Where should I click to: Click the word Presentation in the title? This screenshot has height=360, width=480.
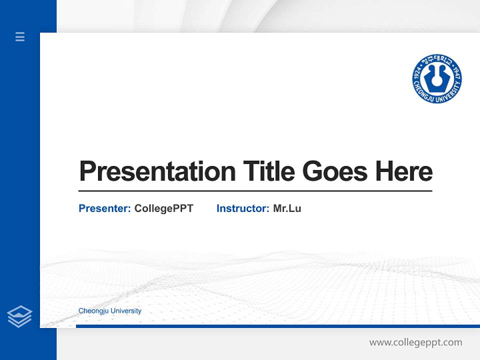[x=157, y=171]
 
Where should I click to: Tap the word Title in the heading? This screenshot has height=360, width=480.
[x=268, y=171]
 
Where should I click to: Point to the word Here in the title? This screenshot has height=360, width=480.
[x=403, y=171]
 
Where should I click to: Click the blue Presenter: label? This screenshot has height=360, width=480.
[x=104, y=208]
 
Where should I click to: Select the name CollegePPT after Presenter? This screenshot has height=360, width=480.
[x=163, y=208]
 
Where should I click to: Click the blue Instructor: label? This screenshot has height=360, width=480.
[x=242, y=208]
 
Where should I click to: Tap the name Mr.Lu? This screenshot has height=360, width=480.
[x=287, y=208]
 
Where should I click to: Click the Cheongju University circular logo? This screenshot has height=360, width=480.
[x=436, y=79]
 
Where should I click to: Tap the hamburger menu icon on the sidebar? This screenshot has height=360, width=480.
[x=20, y=36]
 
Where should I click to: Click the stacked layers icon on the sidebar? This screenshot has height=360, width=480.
[x=19, y=316]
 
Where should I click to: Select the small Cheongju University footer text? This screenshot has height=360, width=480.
[x=109, y=311]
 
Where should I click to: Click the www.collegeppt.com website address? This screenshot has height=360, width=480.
[x=415, y=342]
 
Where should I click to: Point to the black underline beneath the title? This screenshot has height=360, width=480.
[x=255, y=191]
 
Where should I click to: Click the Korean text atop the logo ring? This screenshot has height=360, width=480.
[x=436, y=60]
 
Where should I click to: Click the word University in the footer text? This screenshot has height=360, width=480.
[x=125, y=311]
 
